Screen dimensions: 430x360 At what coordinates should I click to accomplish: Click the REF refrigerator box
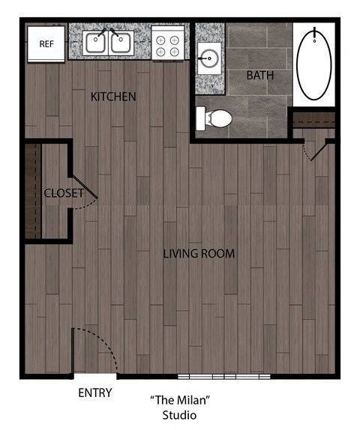pyautogui.click(x=46, y=42)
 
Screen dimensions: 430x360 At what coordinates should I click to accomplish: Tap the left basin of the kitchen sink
pyautogui.click(x=95, y=43)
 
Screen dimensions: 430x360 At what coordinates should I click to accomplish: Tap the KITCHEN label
pyautogui.click(x=113, y=97)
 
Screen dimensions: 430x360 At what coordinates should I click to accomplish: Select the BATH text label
pyautogui.click(x=259, y=76)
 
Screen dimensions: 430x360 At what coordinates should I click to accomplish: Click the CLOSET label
pyautogui.click(x=64, y=193)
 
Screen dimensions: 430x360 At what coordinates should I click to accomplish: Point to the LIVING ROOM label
pyautogui.click(x=199, y=254)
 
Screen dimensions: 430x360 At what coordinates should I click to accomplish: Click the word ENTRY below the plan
pyautogui.click(x=95, y=393)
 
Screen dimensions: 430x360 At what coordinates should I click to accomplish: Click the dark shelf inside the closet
pyautogui.click(x=32, y=190)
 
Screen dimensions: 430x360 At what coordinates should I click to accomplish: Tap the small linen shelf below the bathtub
pyautogui.click(x=313, y=119)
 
